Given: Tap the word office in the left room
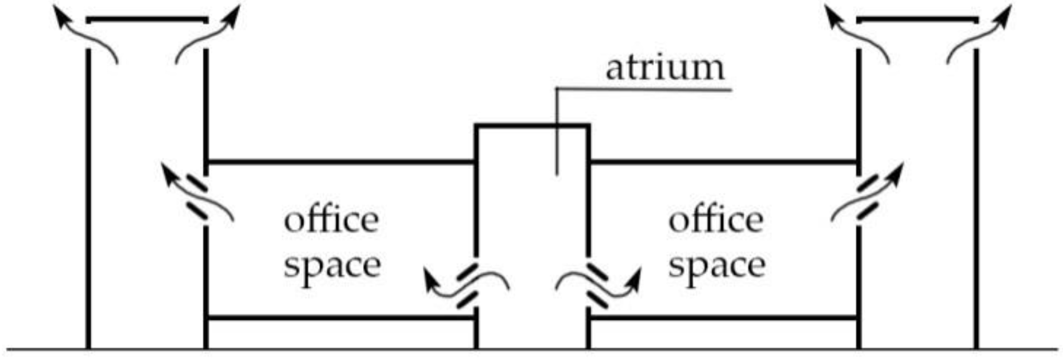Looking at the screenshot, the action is click(331, 221).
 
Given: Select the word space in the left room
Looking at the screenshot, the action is click(332, 266).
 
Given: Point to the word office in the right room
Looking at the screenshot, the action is click(716, 221).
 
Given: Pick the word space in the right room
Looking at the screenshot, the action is click(717, 266).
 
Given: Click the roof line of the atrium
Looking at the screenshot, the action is click(531, 126).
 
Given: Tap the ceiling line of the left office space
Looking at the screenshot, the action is click(341, 162).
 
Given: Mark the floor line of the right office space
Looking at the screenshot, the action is click(723, 318).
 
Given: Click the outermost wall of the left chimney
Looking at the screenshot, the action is click(88, 195).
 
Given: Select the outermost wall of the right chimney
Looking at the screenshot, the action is click(976, 195).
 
